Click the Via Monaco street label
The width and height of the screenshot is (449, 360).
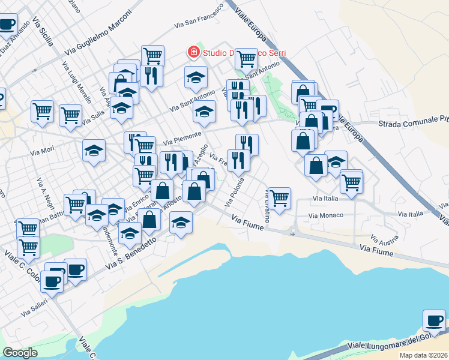pos(325,215)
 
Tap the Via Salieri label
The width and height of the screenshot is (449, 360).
pos(34,310)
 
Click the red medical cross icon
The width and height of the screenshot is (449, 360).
pos(193,52)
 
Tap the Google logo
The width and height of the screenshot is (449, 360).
pos(20,353)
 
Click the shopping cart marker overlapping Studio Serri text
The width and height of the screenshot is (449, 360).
pos(246,59)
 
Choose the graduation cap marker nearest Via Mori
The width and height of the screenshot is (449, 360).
pos(94,151)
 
